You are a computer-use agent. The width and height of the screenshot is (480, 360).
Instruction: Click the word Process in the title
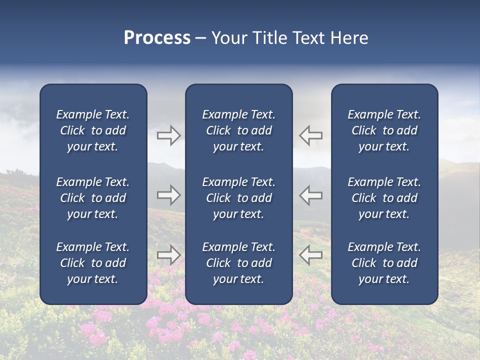pos(157,38)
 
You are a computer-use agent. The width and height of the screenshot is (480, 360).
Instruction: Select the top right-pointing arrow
pos(168,135)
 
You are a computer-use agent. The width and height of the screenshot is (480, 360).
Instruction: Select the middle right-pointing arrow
pos(168,195)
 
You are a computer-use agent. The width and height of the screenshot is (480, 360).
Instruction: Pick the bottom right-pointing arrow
pos(168,254)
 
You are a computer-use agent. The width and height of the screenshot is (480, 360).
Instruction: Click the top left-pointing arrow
pos(311,135)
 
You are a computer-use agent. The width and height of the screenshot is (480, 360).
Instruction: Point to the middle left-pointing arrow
pos(311,195)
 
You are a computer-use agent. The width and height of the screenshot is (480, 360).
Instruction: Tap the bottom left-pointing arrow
pos(311,254)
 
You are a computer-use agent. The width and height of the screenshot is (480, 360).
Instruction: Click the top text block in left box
pos(93,130)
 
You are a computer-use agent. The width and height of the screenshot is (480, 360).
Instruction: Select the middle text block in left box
pos(93,198)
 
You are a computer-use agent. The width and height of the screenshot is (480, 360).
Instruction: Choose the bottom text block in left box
pos(93,263)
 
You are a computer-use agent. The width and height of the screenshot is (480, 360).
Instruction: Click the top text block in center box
pos(238,130)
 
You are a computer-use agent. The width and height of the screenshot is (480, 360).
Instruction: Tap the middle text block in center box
pos(238,198)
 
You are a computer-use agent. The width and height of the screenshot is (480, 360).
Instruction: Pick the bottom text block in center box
pos(238,263)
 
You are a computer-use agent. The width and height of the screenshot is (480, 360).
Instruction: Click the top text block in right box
pos(384,130)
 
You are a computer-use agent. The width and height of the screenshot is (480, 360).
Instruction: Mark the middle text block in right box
pos(384,198)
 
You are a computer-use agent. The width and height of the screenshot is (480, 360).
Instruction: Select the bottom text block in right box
pos(384,263)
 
